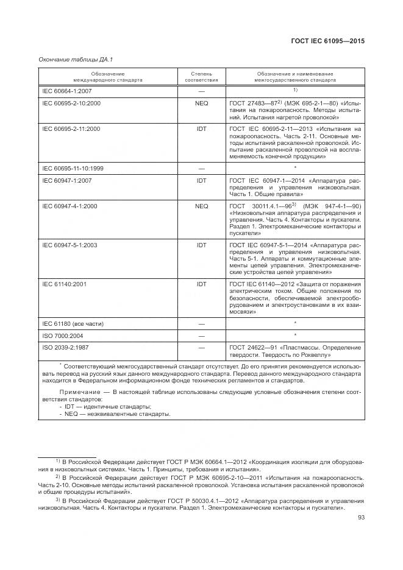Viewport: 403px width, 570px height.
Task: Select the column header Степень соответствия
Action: (201, 76)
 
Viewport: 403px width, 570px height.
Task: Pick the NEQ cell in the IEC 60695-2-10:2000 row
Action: (201, 104)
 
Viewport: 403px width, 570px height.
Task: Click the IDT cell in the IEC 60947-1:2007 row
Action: (201, 180)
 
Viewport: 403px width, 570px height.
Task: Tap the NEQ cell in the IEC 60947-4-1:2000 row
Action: (201, 206)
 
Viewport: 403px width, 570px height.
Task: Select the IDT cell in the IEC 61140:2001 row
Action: (201, 284)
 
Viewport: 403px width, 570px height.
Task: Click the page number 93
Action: (360, 519)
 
